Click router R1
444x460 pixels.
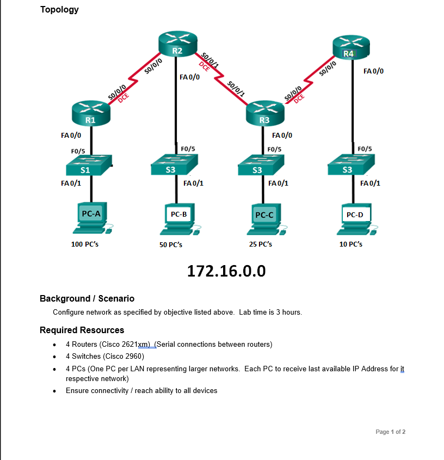pyautogui.click(x=91, y=112)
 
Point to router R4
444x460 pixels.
pyautogui.click(x=351, y=47)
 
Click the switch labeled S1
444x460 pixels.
pyautogui.click(x=90, y=165)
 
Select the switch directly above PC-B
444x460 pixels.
pyautogui.click(x=175, y=165)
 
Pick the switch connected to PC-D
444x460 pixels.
pyautogui.click(x=351, y=165)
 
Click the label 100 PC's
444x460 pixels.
pyautogui.click(x=85, y=244)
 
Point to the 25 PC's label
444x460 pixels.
pyautogui.click(x=261, y=244)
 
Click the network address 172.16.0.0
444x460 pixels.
pyautogui.click(x=226, y=271)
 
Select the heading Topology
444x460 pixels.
pyautogui.click(x=59, y=9)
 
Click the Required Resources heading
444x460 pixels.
pyautogui.click(x=82, y=330)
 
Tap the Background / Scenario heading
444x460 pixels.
pyautogui.click(x=87, y=298)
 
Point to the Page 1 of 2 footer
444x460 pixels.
pyautogui.click(x=390, y=432)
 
